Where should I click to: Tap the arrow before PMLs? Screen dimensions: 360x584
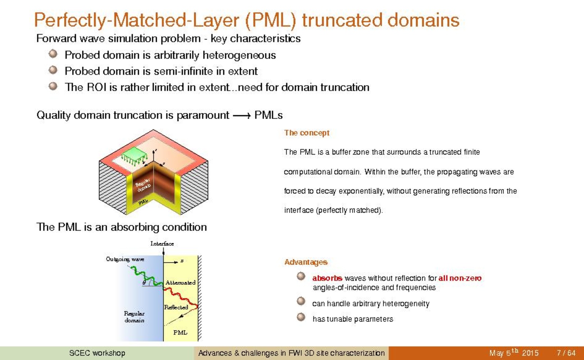coord(241,116)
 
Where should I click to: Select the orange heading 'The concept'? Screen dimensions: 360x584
coord(306,133)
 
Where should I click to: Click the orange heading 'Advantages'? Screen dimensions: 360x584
coord(306,262)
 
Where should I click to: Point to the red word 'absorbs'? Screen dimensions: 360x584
coord(327,278)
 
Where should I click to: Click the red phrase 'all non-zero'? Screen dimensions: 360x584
coord(460,278)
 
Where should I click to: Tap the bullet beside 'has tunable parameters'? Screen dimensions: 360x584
coord(301,317)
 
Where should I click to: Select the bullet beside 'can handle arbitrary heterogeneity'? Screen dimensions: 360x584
coord(301,301)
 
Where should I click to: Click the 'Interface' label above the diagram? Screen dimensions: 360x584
coord(162,244)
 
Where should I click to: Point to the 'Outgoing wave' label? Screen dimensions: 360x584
coord(125,259)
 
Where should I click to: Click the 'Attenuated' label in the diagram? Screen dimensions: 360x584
coord(180,283)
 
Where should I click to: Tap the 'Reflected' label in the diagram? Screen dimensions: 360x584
coord(176,307)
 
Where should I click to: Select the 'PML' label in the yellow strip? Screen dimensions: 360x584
coord(180,332)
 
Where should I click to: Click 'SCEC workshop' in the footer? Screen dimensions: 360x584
coord(97,353)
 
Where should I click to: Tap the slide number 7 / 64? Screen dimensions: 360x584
coord(566,353)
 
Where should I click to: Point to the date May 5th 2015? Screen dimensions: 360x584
coord(514,353)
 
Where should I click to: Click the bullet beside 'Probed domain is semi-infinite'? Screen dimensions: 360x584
coord(53,69)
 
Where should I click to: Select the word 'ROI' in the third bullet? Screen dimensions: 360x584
coord(97,87)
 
